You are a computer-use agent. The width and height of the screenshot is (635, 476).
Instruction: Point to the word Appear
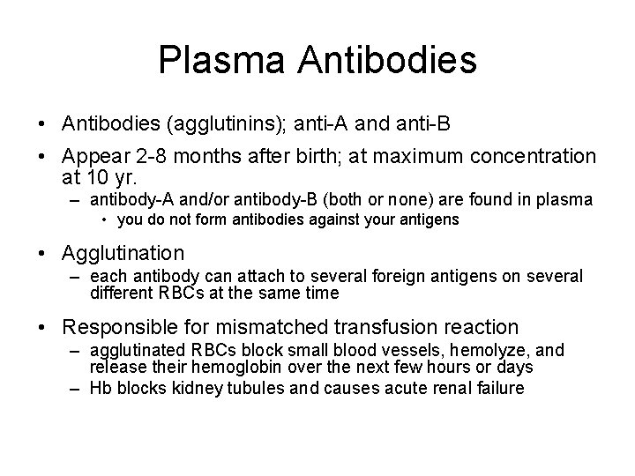tap(98, 157)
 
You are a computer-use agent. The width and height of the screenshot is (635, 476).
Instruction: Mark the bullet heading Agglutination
tap(123, 253)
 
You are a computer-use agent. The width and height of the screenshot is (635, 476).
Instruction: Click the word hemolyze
tap(494, 352)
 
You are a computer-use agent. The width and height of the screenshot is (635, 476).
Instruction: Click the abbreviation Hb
tap(100, 388)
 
